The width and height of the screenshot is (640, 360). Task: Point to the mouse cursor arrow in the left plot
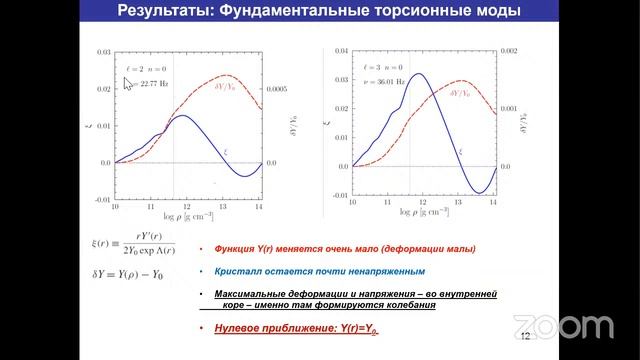[x=127, y=83]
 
